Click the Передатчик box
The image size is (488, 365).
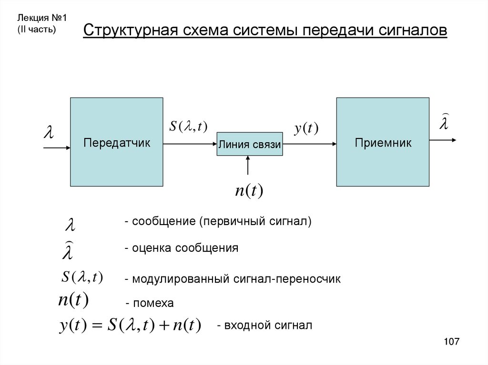[117, 142]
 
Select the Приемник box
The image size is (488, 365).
[383, 142]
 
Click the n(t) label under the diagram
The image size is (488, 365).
[249, 190]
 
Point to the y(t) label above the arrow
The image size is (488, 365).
[305, 128]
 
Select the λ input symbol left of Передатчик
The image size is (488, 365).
[48, 132]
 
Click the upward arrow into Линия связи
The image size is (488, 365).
[248, 166]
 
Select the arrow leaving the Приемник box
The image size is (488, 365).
[443, 140]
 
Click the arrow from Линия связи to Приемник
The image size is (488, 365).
[309, 143]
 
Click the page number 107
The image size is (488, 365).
[451, 342]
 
